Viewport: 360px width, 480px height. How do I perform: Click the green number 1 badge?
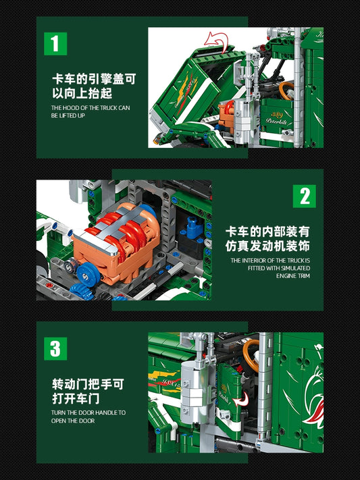point(55,44)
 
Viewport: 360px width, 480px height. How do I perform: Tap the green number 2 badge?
point(304,196)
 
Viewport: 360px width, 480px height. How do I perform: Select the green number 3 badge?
point(55,348)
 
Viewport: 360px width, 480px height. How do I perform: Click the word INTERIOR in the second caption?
point(254,261)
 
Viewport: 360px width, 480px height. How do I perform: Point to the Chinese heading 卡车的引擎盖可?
point(94,79)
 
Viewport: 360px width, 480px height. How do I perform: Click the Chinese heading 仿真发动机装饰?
point(267,246)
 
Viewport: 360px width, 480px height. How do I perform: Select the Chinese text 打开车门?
point(76,399)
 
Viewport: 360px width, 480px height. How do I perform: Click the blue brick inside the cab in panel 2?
point(193,227)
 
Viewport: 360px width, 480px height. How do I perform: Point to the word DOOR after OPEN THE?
point(86,421)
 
